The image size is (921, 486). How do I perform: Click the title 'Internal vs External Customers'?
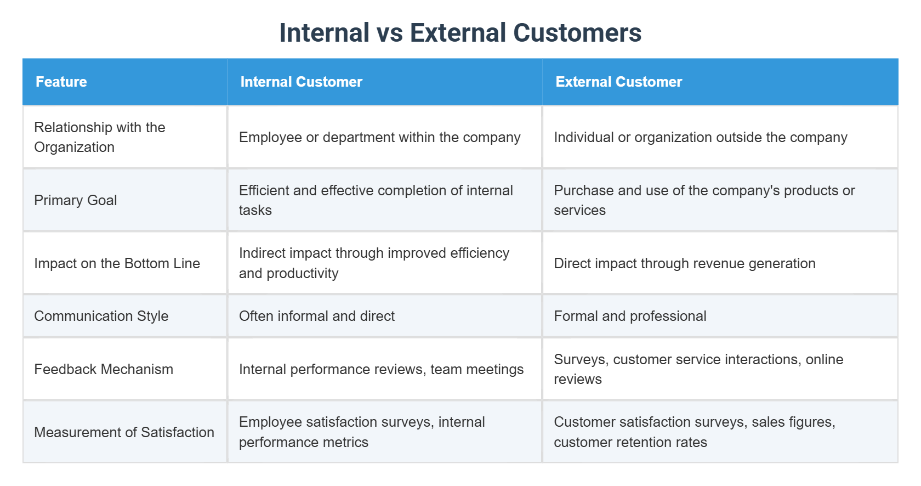pyautogui.click(x=460, y=33)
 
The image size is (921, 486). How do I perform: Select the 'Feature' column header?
pyautogui.click(x=61, y=82)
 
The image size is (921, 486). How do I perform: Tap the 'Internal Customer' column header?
pyautogui.click(x=301, y=82)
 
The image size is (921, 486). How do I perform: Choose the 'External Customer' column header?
pyautogui.click(x=618, y=82)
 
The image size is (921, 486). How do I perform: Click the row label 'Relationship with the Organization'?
pyautogui.click(x=99, y=137)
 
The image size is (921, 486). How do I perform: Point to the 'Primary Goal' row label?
pyautogui.click(x=76, y=200)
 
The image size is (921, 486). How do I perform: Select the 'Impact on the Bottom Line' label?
pyautogui.click(x=117, y=263)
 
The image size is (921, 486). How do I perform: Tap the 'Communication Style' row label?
pyautogui.click(x=101, y=316)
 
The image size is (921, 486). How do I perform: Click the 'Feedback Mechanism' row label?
pyautogui.click(x=104, y=369)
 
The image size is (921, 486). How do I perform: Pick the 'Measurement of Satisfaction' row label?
pyautogui.click(x=124, y=432)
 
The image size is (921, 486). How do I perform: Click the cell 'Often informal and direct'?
pyautogui.click(x=317, y=316)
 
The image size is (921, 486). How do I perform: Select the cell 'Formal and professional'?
pyautogui.click(x=630, y=316)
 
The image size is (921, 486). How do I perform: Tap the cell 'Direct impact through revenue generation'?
pyautogui.click(x=684, y=263)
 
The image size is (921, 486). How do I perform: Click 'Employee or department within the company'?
pyautogui.click(x=379, y=137)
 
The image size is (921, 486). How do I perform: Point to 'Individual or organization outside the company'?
pyautogui.click(x=700, y=137)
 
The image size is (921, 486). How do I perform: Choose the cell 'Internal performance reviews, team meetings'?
pyautogui.click(x=381, y=369)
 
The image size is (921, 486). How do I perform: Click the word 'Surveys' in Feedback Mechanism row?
pyautogui.click(x=581, y=359)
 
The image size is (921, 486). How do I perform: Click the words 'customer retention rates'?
pyautogui.click(x=630, y=442)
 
